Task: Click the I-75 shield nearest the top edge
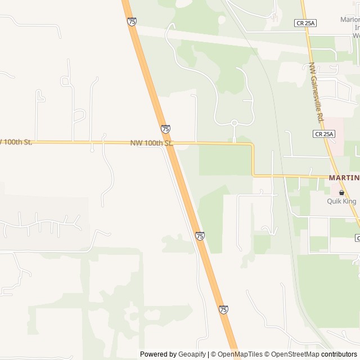(x=132, y=21)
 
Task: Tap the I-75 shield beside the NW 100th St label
(x=165, y=129)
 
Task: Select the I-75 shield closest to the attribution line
(x=223, y=309)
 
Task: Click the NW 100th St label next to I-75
(x=151, y=143)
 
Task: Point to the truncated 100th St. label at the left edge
(x=16, y=142)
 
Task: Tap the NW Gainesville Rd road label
(x=318, y=93)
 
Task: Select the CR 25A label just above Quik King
(x=324, y=134)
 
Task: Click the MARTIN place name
(x=344, y=178)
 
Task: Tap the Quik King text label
(x=342, y=201)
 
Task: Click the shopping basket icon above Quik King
(x=341, y=192)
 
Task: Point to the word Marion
(x=349, y=20)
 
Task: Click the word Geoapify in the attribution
(x=192, y=354)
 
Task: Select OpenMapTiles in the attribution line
(x=240, y=354)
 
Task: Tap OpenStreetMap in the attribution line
(x=296, y=354)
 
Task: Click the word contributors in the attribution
(x=339, y=354)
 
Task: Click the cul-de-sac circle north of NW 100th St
(x=234, y=123)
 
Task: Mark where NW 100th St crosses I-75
(x=171, y=143)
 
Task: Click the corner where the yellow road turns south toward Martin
(x=253, y=145)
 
